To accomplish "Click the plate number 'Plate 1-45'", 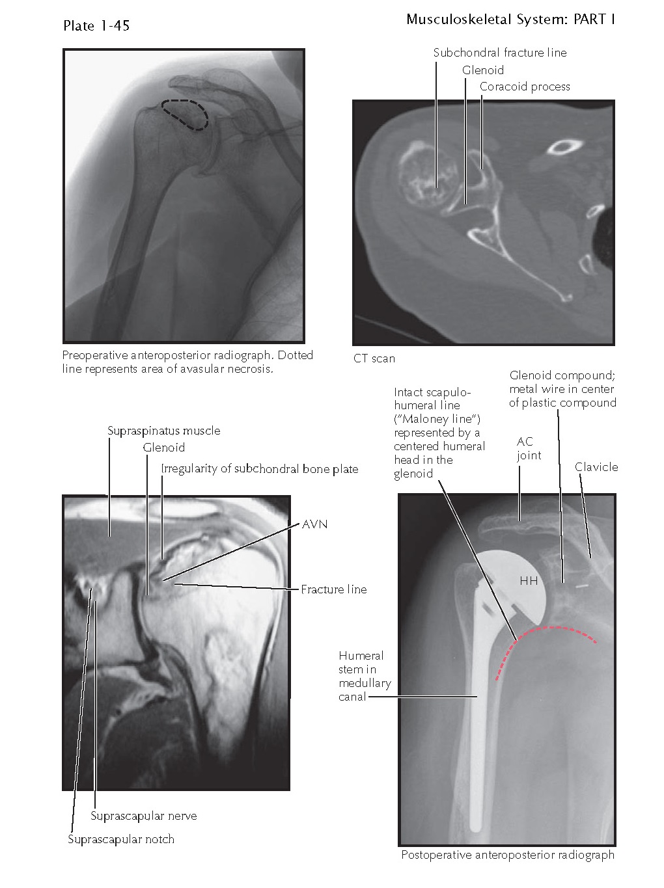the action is [x=96, y=25].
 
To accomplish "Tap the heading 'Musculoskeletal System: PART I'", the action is [x=510, y=20].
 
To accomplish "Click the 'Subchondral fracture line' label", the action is [x=499, y=53].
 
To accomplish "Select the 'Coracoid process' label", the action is [x=525, y=87].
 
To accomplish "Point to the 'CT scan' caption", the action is [x=374, y=358].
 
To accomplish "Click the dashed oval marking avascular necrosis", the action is [x=185, y=114].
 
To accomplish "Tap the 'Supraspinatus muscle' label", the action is [x=163, y=431].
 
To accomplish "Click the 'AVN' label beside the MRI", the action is [x=314, y=524].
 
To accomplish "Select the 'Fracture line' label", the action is [x=333, y=589].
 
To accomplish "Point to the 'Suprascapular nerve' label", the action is [x=143, y=816].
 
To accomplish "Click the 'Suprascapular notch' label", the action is [x=121, y=839].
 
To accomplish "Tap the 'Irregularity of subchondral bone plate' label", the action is [x=259, y=468].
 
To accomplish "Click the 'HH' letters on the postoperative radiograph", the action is [x=529, y=581].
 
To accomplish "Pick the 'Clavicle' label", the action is [x=596, y=467].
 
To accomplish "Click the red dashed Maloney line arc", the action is [x=553, y=629].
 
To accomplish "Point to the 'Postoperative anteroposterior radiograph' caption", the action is [x=507, y=855].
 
